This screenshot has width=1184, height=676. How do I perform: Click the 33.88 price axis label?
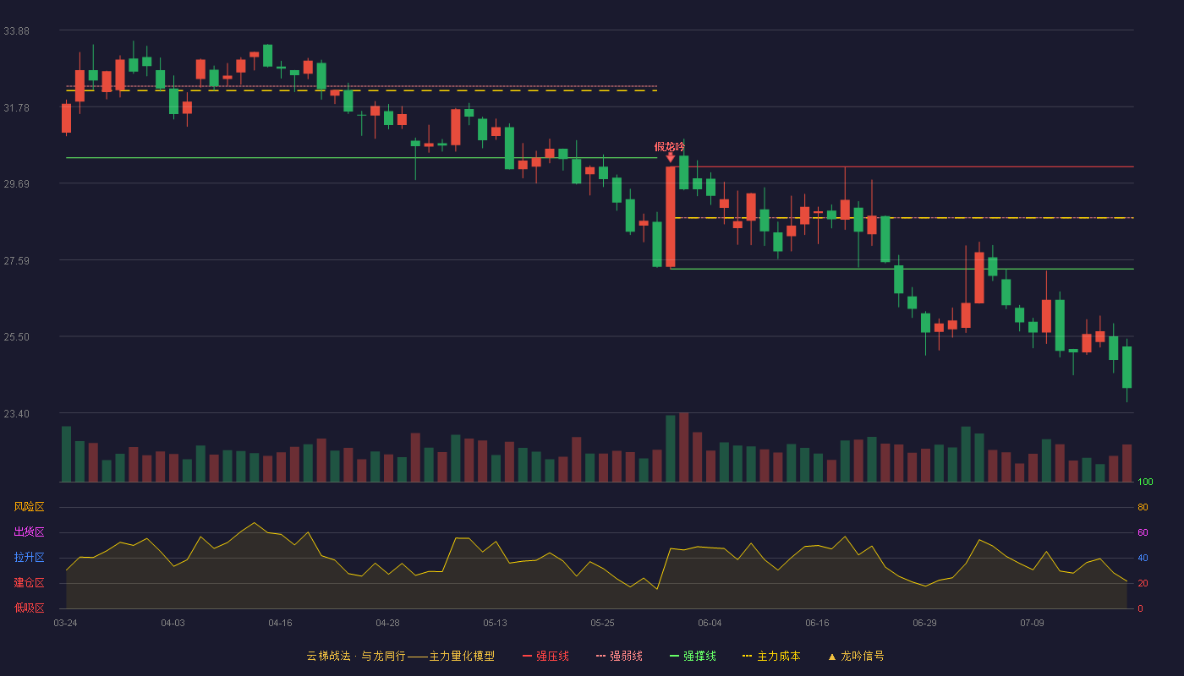(16, 31)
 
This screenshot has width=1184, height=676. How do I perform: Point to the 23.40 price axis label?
(16, 413)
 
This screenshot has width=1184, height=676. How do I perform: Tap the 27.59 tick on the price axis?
(16, 261)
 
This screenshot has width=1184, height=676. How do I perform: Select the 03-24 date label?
(66, 624)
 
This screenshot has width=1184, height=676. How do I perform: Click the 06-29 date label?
(924, 624)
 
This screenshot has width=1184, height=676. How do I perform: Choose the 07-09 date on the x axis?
(1032, 624)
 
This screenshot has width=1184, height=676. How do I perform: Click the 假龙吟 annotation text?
(669, 147)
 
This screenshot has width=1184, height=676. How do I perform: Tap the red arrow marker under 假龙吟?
(670, 157)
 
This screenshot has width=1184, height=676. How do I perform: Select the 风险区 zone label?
(29, 507)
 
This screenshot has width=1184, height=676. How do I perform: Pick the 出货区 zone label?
(29, 532)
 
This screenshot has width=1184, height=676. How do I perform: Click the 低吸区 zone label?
(29, 608)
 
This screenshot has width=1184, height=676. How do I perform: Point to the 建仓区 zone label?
(29, 582)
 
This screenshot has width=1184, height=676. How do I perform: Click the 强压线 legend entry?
(545, 656)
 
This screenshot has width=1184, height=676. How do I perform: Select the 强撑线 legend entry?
(693, 656)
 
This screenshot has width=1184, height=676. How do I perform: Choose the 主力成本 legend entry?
(771, 656)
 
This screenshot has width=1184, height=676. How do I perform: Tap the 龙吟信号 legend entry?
(856, 656)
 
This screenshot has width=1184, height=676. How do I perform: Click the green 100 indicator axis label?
(1145, 482)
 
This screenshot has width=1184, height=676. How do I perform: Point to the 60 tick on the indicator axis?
(1143, 532)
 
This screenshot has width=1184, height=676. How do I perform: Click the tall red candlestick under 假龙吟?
(670, 216)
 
